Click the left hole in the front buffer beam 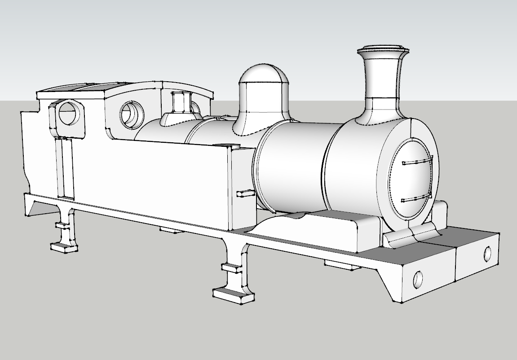click(x=418, y=279)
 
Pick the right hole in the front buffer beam click(x=488, y=254)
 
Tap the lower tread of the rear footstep click(x=64, y=246)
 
